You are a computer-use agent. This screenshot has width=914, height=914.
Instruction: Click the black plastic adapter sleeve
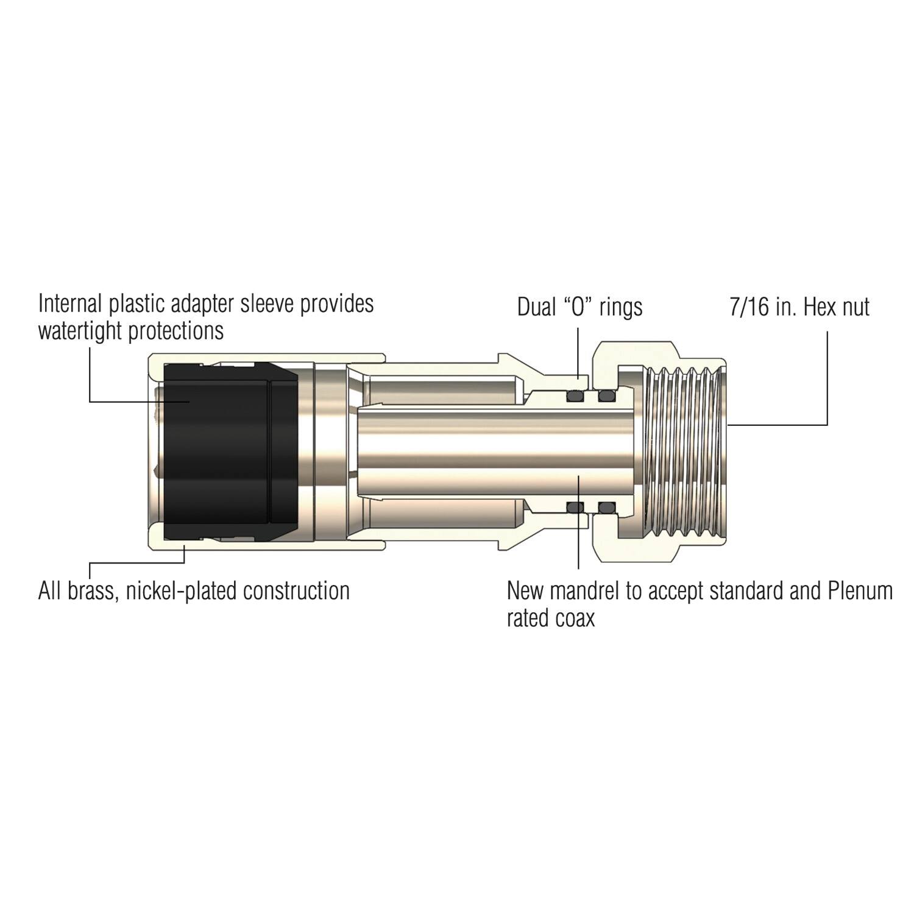coord(219,451)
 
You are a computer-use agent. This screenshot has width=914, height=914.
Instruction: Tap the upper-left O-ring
coord(575,397)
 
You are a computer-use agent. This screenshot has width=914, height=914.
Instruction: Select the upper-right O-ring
coord(606,397)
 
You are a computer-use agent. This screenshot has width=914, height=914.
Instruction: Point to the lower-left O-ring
coord(575,507)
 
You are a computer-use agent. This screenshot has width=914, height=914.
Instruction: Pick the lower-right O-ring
coord(606,507)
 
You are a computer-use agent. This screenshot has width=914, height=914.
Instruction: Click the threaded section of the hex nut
coord(685,451)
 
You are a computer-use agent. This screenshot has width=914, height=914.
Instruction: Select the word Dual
coord(537,307)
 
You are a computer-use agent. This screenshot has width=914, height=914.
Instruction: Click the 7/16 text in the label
coord(749,307)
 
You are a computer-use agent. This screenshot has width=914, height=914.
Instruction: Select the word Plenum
coord(860,591)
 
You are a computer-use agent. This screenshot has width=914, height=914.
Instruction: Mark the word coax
coord(575,619)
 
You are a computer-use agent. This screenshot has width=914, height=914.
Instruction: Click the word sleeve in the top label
coord(266,303)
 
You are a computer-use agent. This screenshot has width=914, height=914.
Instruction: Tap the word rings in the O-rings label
coord(621,307)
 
